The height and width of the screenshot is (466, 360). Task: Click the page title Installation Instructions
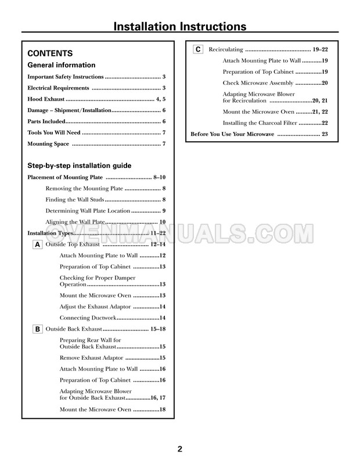click(x=179, y=26)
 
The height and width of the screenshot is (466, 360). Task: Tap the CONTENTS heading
click(x=51, y=52)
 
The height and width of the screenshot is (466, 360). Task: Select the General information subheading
click(x=62, y=65)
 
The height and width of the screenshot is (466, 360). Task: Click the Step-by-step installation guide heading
click(x=80, y=166)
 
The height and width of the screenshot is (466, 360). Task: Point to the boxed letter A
click(x=37, y=245)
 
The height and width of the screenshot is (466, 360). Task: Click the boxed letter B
click(x=37, y=329)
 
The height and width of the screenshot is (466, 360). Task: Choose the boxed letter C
click(x=197, y=49)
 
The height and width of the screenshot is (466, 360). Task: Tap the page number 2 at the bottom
click(x=180, y=449)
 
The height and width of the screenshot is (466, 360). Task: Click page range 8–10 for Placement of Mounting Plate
click(x=160, y=177)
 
